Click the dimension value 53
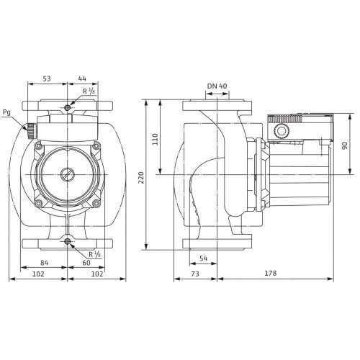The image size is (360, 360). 47,78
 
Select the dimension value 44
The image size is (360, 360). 82,78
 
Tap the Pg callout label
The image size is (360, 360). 6,112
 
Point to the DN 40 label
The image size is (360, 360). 217,86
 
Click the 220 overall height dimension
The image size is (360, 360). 141,178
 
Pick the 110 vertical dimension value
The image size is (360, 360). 156,139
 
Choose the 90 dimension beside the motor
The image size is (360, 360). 344,145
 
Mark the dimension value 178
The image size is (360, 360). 271,273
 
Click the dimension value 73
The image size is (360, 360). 195,274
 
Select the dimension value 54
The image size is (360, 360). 203,258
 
